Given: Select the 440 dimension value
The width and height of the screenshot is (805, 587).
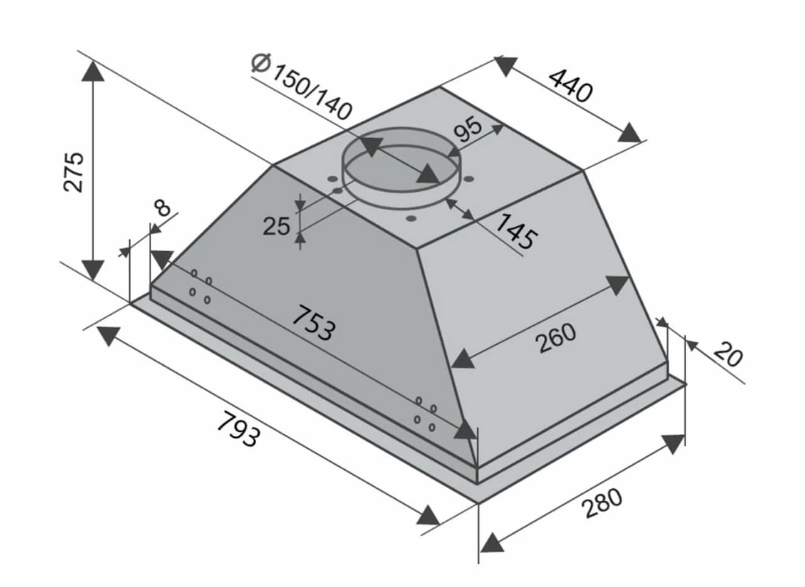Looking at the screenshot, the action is [x=570, y=86].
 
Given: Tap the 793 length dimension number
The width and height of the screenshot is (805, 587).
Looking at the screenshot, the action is [x=238, y=429].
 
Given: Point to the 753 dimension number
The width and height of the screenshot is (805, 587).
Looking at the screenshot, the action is [x=313, y=323].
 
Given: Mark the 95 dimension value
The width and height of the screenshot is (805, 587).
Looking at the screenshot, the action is [x=467, y=129].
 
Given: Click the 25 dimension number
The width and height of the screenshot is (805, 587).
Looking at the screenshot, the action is [x=276, y=226].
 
